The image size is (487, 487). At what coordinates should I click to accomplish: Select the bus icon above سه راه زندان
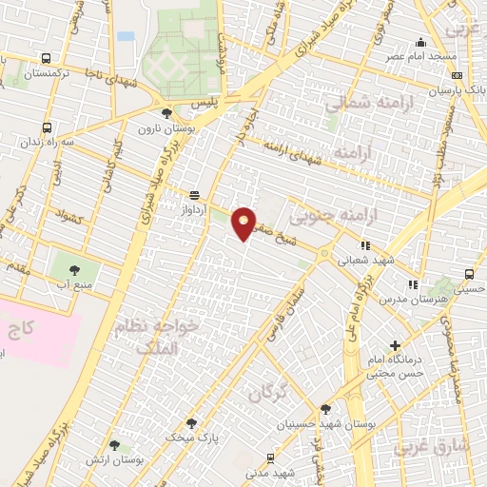[x=48, y=127]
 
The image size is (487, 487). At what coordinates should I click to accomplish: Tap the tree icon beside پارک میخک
[x=191, y=423]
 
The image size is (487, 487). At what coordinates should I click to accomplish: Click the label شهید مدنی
[x=272, y=472]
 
